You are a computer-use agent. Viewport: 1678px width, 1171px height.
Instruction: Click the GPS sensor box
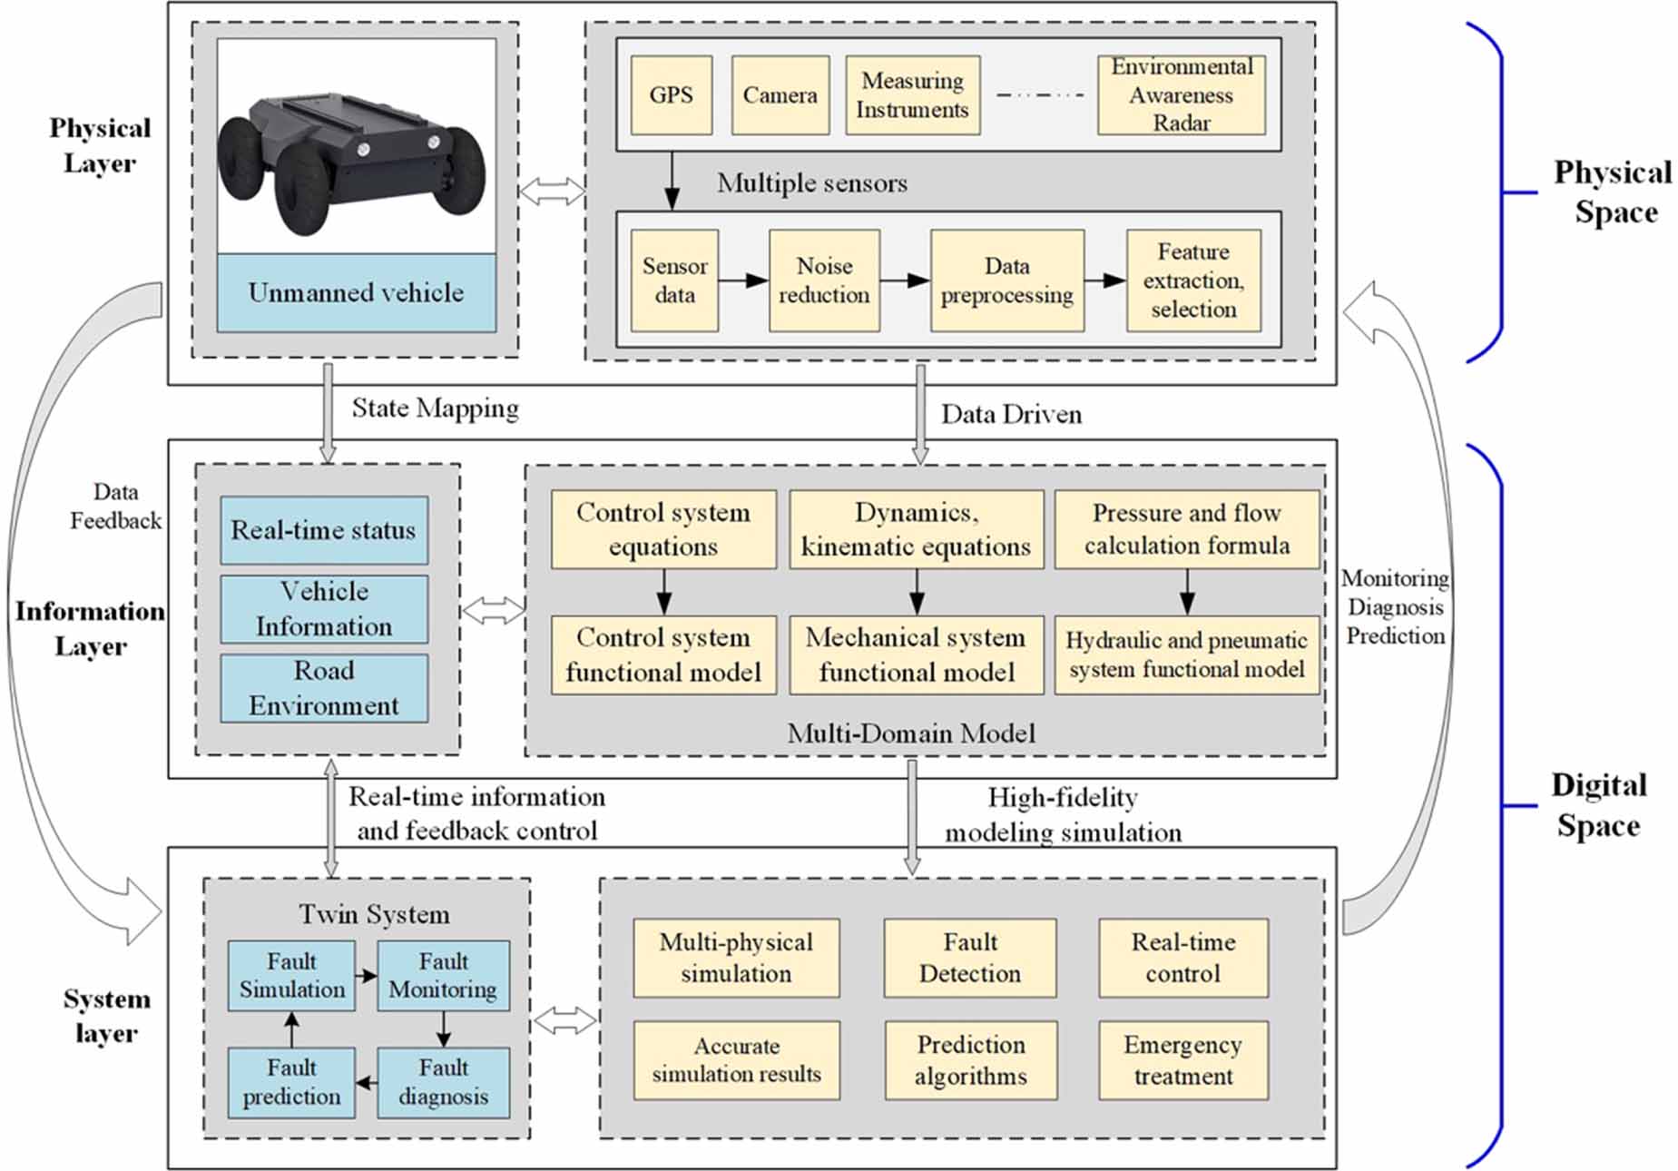671,95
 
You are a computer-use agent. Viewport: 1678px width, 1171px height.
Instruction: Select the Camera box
780,95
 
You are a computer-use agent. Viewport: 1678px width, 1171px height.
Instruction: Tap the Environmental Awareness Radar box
1181,95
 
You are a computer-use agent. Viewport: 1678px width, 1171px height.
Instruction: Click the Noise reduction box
823,280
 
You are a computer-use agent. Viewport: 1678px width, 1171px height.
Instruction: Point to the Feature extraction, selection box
1192,280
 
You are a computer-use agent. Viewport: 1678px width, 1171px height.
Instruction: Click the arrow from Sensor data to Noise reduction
743,280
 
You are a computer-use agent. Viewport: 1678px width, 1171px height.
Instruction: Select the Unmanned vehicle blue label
356,292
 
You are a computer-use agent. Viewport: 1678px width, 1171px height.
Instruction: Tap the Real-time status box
324,530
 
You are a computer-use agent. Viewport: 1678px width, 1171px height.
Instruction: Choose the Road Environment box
324,688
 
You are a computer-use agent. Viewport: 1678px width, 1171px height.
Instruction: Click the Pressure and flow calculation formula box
1186,529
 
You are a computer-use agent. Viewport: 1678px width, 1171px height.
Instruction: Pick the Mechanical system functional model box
916,654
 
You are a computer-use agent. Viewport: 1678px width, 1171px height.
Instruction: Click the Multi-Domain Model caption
910,733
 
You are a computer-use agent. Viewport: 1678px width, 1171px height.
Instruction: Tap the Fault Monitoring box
443,976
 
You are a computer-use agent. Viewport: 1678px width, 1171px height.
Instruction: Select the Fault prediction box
291,1082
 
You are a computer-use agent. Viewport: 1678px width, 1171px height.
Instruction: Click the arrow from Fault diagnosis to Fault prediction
366,1082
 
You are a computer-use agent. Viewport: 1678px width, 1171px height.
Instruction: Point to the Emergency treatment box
1182,1060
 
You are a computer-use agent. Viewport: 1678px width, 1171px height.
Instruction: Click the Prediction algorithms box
970,1060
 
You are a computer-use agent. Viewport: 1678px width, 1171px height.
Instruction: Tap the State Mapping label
435,408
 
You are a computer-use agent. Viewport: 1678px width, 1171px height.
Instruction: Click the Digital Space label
1598,805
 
